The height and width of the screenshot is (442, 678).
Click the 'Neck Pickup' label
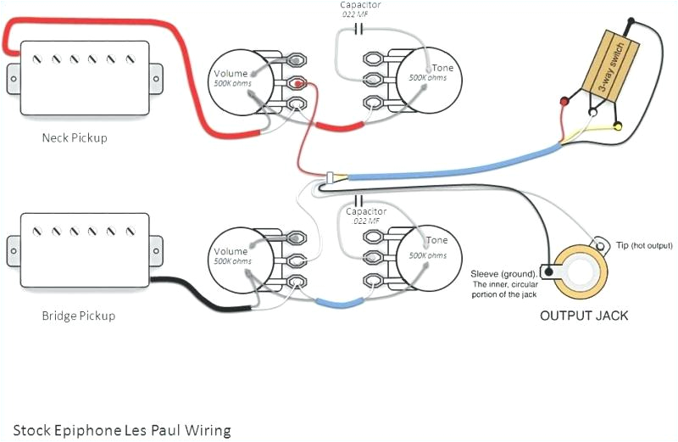tap(75, 137)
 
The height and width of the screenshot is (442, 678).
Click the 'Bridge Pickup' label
tap(78, 316)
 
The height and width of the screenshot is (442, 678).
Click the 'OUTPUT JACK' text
tap(584, 316)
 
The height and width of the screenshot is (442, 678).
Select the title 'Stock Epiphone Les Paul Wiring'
tap(122, 430)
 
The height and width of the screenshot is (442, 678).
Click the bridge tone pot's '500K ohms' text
tap(427, 255)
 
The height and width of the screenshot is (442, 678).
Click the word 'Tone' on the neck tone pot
tap(442, 68)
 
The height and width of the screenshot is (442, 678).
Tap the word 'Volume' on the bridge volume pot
tap(231, 251)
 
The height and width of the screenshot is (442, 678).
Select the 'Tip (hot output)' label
tap(643, 246)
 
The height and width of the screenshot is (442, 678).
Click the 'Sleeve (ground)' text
tap(503, 273)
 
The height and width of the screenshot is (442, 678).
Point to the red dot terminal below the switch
tap(565, 103)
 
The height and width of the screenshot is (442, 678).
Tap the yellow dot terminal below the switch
tap(617, 127)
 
